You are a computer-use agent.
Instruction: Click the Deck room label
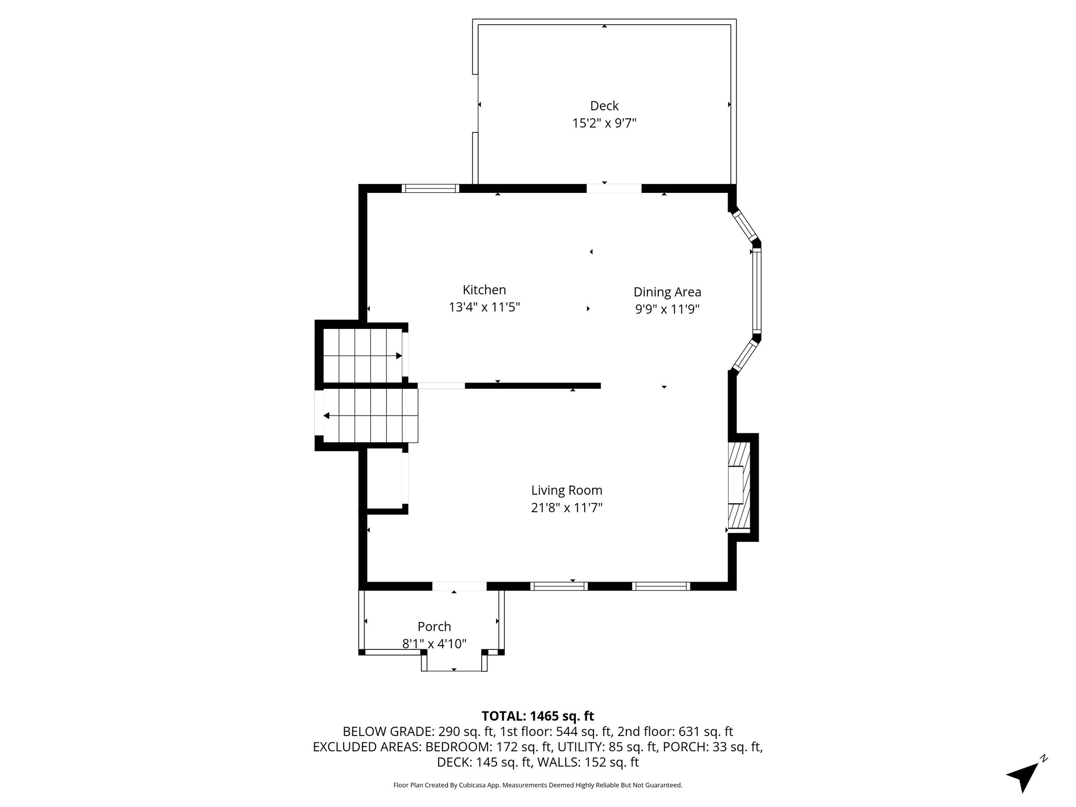coord(604,106)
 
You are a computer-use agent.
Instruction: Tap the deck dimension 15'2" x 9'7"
coord(604,123)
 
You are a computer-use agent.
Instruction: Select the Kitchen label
coord(484,289)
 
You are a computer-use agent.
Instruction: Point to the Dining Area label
coord(667,292)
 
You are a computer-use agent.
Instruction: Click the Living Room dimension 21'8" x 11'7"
coord(566,508)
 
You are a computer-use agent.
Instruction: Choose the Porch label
coord(434,626)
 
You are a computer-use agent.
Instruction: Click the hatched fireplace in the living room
coord(739,485)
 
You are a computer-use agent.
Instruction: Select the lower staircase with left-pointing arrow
coord(370,416)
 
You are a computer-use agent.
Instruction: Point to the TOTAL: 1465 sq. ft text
coord(537,716)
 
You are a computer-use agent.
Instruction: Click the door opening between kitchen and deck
coord(614,188)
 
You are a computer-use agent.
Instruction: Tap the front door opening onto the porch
coord(459,586)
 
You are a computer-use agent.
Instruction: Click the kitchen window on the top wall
coord(430,188)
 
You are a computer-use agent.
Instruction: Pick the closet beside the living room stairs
coord(385,478)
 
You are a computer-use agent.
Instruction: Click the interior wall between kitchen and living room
coord(533,386)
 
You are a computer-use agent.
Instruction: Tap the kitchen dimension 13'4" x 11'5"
coord(484,307)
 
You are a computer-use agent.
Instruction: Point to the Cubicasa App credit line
coord(537,785)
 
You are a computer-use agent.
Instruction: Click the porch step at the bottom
coord(454,663)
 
